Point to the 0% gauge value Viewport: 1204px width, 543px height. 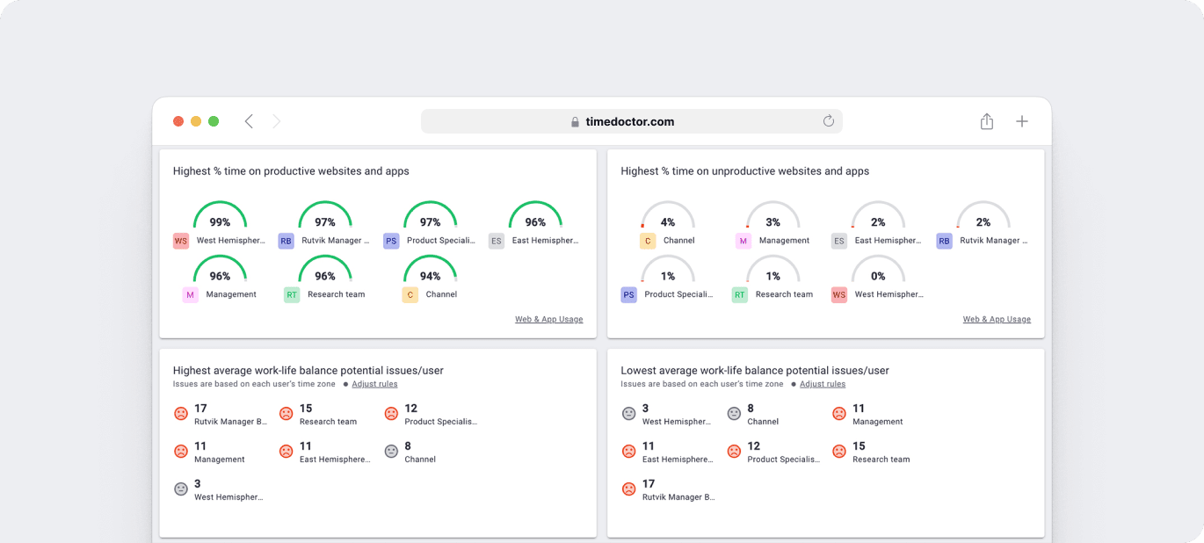point(878,276)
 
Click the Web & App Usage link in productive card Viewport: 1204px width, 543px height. point(548,320)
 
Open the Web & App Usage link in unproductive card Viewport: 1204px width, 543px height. point(997,320)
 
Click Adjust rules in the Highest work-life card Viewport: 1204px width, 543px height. point(374,384)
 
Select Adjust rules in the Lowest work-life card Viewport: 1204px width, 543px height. point(823,384)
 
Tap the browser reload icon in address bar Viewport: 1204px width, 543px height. point(828,121)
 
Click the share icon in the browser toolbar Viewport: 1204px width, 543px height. point(987,122)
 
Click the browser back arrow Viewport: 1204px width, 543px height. point(249,121)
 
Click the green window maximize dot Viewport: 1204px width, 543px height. point(214,121)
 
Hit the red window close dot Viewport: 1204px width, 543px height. point(178,121)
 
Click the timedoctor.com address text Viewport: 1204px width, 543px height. point(629,122)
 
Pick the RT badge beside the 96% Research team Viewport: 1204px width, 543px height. point(292,295)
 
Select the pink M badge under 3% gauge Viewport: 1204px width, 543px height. point(743,241)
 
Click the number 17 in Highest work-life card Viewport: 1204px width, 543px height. point(200,409)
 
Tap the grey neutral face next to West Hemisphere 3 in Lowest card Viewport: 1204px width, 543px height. point(628,414)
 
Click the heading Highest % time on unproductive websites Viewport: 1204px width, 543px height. point(744,171)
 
